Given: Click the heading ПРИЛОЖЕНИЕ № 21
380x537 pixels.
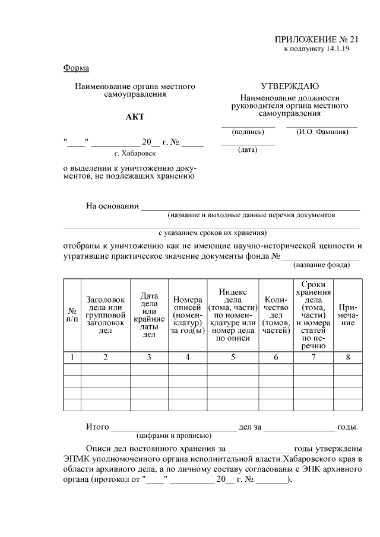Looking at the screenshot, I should (317, 39).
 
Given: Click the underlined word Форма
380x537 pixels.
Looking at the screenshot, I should (76, 68).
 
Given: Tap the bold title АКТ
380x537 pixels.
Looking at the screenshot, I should (135, 117).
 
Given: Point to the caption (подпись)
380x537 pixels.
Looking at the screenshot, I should (248, 132).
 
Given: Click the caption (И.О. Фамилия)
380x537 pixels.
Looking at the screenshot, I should (322, 132).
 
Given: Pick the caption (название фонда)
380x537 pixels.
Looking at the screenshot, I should (322, 265).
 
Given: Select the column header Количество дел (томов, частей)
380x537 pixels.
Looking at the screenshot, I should (275, 315).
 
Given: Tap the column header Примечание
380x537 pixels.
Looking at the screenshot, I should (349, 315).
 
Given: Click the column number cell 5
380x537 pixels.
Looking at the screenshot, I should (233, 357).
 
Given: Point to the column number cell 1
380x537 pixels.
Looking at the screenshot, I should (72, 357).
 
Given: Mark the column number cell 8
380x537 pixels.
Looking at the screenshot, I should (349, 357).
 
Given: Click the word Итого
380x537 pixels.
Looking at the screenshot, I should (97, 427).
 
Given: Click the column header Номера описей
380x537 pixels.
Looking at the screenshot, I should (187, 315).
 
